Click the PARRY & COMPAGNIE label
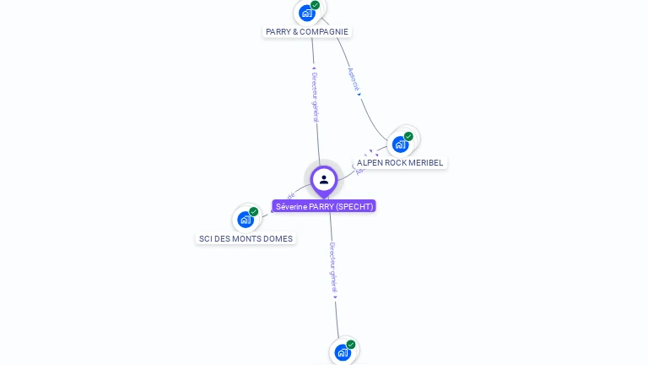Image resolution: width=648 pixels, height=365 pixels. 306,32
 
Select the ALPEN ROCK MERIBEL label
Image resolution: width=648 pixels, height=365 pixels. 399,163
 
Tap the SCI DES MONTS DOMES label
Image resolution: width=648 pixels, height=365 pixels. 246,239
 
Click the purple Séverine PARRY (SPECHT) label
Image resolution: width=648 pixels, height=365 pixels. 324,206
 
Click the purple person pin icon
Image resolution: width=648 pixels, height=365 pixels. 324,180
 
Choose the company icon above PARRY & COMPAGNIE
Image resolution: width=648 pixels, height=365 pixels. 307,13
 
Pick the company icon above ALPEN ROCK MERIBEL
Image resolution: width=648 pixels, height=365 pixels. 400,144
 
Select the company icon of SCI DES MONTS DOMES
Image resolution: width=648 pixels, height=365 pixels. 246,220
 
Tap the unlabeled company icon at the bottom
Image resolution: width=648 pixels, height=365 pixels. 343,352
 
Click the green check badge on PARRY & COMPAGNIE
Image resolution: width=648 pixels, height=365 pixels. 316,5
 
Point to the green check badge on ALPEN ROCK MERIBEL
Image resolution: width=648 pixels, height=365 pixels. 408,136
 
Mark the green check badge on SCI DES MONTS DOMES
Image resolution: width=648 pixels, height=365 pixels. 254,212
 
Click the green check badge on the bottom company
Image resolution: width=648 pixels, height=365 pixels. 351,345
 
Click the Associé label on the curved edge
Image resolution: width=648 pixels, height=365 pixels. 354,79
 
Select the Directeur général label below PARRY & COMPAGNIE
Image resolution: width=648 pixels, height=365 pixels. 315,96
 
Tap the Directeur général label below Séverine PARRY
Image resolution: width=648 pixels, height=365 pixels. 333,266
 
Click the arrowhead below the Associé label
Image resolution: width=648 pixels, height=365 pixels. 359,94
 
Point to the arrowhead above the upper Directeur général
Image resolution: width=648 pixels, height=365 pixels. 314,68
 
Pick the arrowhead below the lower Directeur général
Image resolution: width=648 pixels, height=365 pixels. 335,297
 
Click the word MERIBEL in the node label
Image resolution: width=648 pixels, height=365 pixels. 426,163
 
